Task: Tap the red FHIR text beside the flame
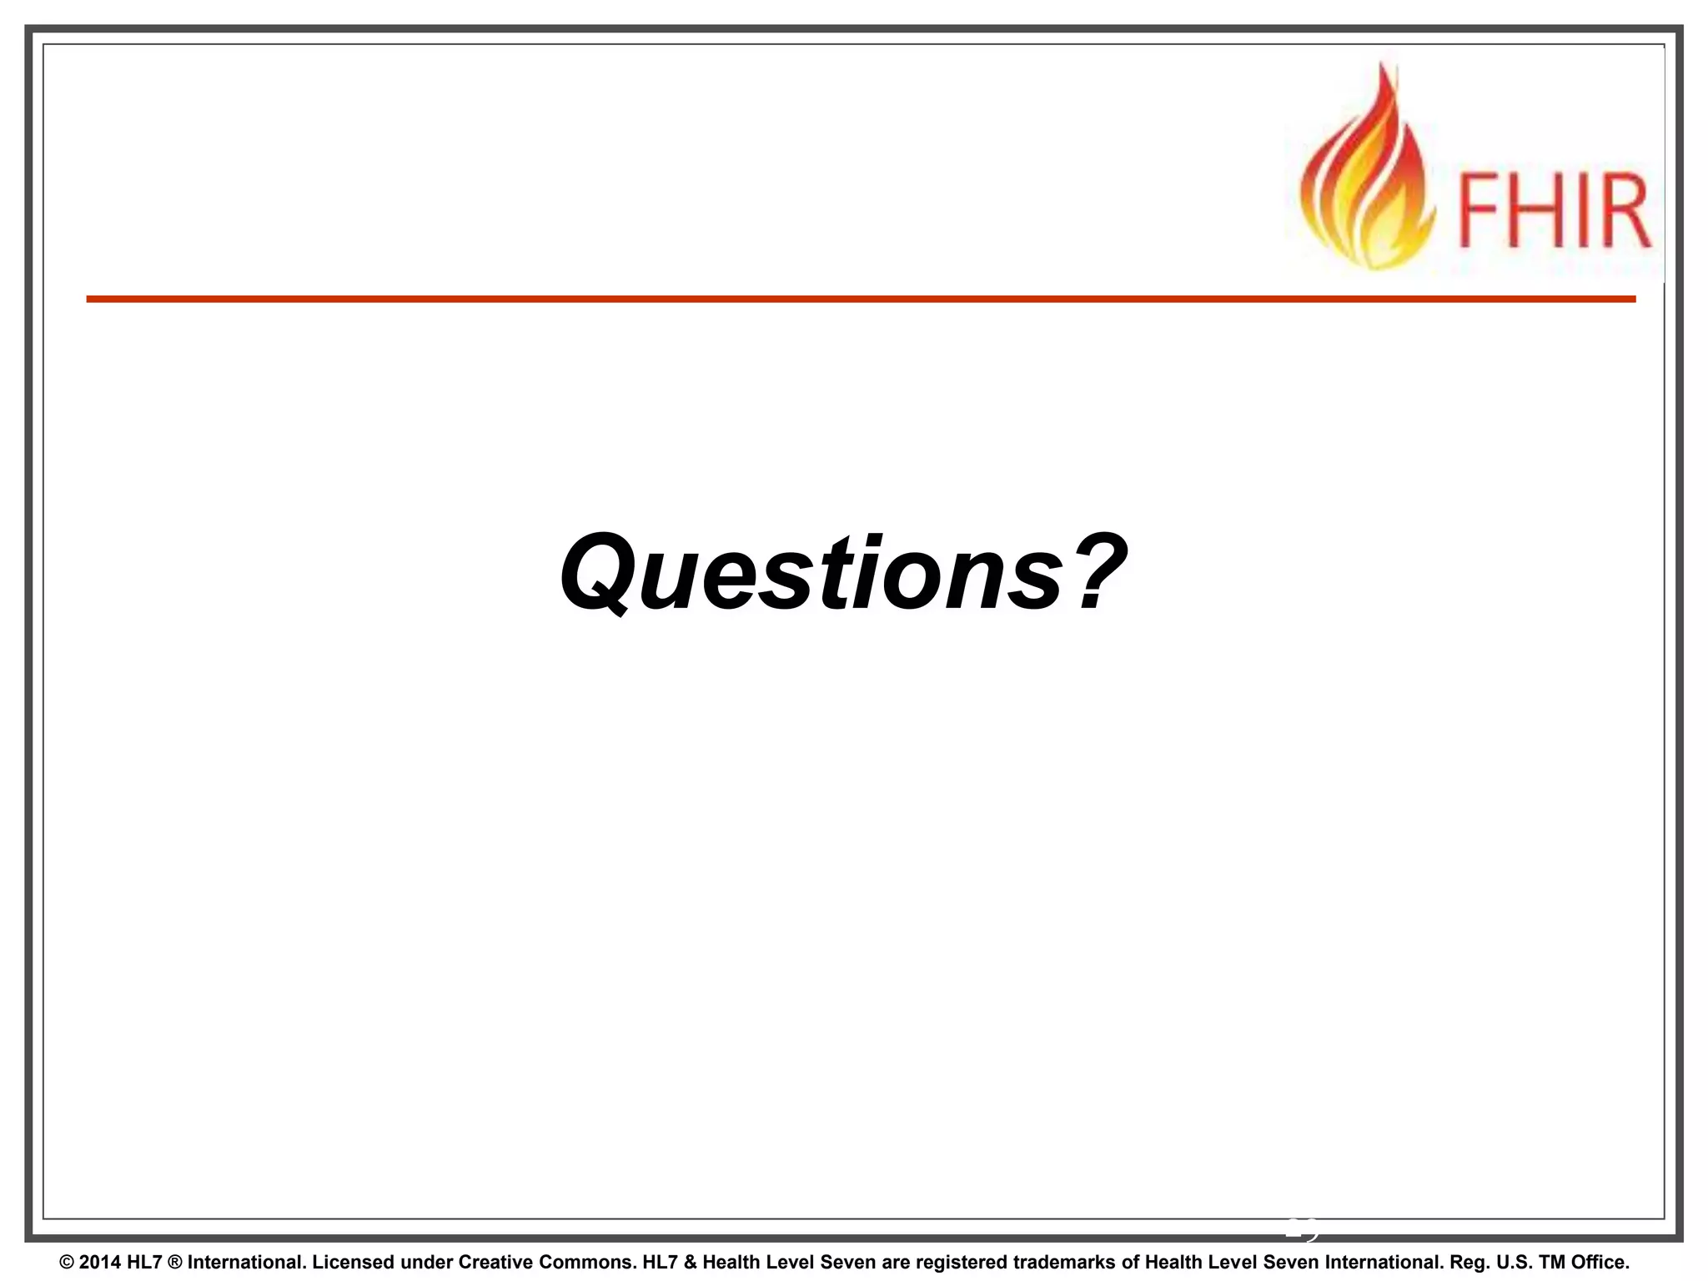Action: click(1553, 211)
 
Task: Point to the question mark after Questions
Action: click(1100, 570)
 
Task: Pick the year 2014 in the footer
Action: click(100, 1262)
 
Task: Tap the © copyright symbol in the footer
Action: click(67, 1262)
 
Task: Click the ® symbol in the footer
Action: click(174, 1262)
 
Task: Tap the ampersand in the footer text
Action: click(689, 1262)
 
